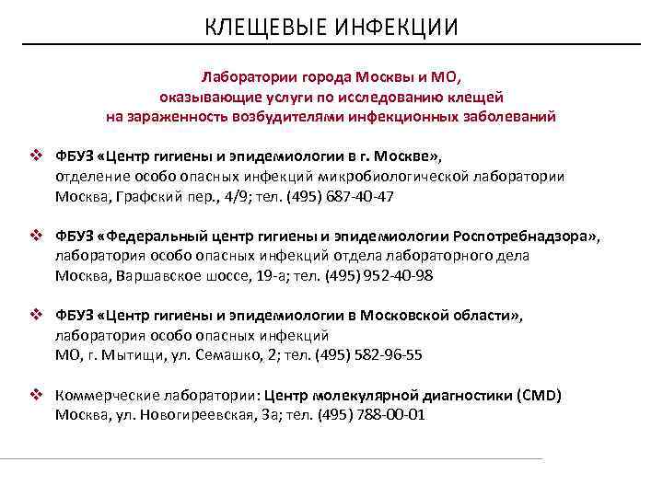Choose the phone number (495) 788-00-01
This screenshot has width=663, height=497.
point(371,415)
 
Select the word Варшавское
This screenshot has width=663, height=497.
point(154,276)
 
